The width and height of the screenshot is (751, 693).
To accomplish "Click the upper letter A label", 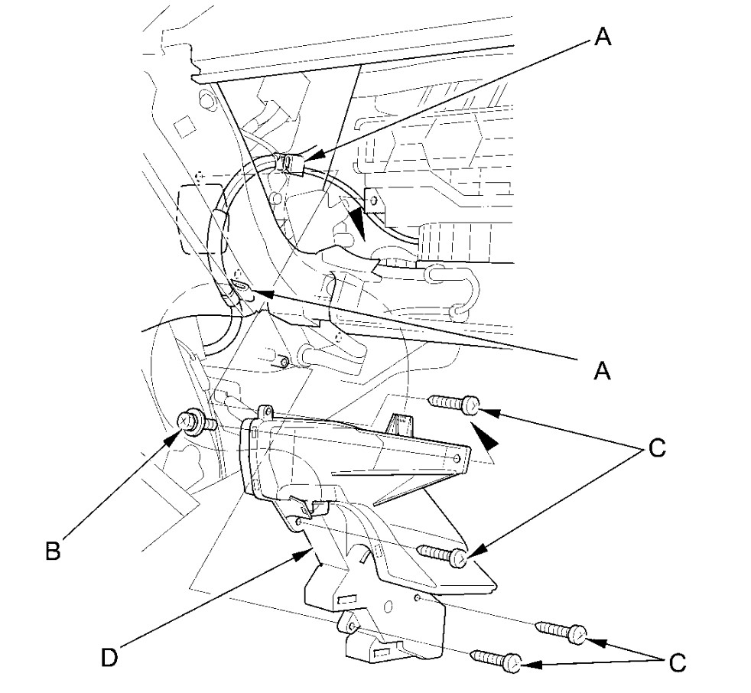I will click(603, 37).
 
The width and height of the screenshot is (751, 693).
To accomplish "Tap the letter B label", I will click(52, 551).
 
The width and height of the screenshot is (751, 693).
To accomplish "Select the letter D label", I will click(112, 656).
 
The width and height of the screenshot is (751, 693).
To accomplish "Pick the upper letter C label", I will click(656, 448).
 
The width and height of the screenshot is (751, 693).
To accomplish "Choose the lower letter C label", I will click(677, 662).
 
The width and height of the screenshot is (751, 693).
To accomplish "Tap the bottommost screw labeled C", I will click(496, 660).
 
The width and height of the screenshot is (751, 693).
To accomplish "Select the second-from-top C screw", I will click(444, 554).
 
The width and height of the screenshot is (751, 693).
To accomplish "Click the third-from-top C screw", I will click(563, 632).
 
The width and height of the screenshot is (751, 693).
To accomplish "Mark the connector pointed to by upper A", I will click(291, 163).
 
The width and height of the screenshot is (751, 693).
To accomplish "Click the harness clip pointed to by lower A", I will click(239, 288).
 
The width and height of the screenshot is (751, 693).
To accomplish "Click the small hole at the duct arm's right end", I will click(457, 457).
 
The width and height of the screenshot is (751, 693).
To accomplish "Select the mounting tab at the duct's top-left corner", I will click(267, 412).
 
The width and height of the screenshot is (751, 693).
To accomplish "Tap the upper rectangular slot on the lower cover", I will click(348, 600).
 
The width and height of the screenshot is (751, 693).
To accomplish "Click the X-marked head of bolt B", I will click(184, 419).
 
